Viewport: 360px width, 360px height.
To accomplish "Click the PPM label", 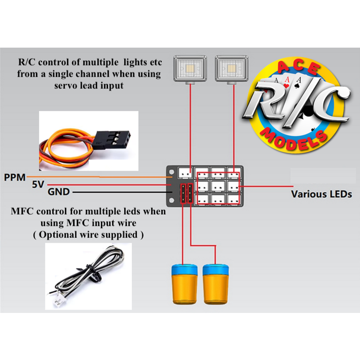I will pyautogui.click(x=14, y=177).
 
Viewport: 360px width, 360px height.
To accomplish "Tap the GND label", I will pyautogui.click(x=59, y=193).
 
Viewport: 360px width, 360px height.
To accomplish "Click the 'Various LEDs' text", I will pyautogui.click(x=321, y=194).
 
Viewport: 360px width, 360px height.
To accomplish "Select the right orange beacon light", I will pyautogui.click(x=217, y=284).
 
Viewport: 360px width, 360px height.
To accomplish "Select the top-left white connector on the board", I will pyautogui.click(x=184, y=173).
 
